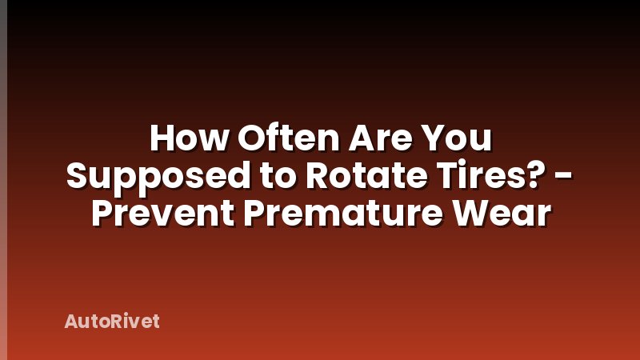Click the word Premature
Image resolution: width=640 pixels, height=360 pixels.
337,214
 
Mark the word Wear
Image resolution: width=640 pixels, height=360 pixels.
502,214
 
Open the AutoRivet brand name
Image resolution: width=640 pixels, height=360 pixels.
112,322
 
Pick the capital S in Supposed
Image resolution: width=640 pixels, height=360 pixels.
78,177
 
